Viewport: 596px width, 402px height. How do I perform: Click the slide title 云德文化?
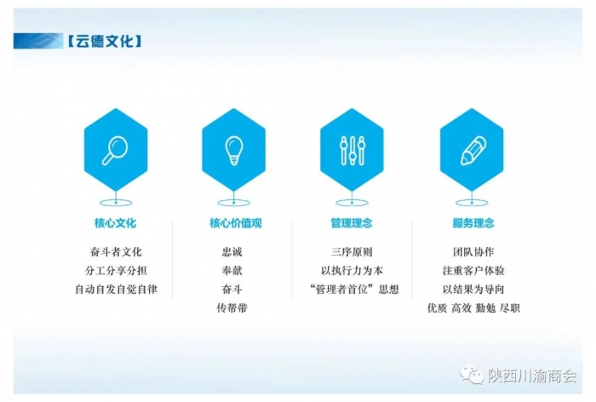[x=105, y=41]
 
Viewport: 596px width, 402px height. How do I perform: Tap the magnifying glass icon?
[x=115, y=150]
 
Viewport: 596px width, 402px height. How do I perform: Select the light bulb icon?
[x=234, y=150]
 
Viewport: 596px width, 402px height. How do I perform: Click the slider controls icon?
[x=352, y=151]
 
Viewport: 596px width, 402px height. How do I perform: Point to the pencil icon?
[x=473, y=151]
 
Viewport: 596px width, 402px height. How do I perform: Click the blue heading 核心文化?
[x=115, y=223]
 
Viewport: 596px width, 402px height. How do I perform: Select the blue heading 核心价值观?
[x=236, y=223]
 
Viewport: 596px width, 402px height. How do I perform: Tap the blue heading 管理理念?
[x=352, y=223]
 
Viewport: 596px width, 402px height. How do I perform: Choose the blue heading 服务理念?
[x=473, y=223]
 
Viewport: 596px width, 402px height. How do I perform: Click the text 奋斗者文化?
[x=116, y=252]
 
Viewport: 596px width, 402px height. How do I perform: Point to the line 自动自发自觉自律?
[x=116, y=290]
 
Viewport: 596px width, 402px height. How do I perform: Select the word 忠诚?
[x=232, y=252]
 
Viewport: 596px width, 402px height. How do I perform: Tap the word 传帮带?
[x=232, y=307]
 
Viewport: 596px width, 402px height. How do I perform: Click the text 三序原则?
[x=352, y=252]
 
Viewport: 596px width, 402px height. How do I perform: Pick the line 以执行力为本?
[x=352, y=271]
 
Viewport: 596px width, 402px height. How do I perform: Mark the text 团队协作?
[x=473, y=252]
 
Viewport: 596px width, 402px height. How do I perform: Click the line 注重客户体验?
[x=473, y=271]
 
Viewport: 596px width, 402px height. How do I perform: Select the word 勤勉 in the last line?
[x=485, y=307]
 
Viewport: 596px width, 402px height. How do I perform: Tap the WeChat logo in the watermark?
[x=472, y=374]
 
